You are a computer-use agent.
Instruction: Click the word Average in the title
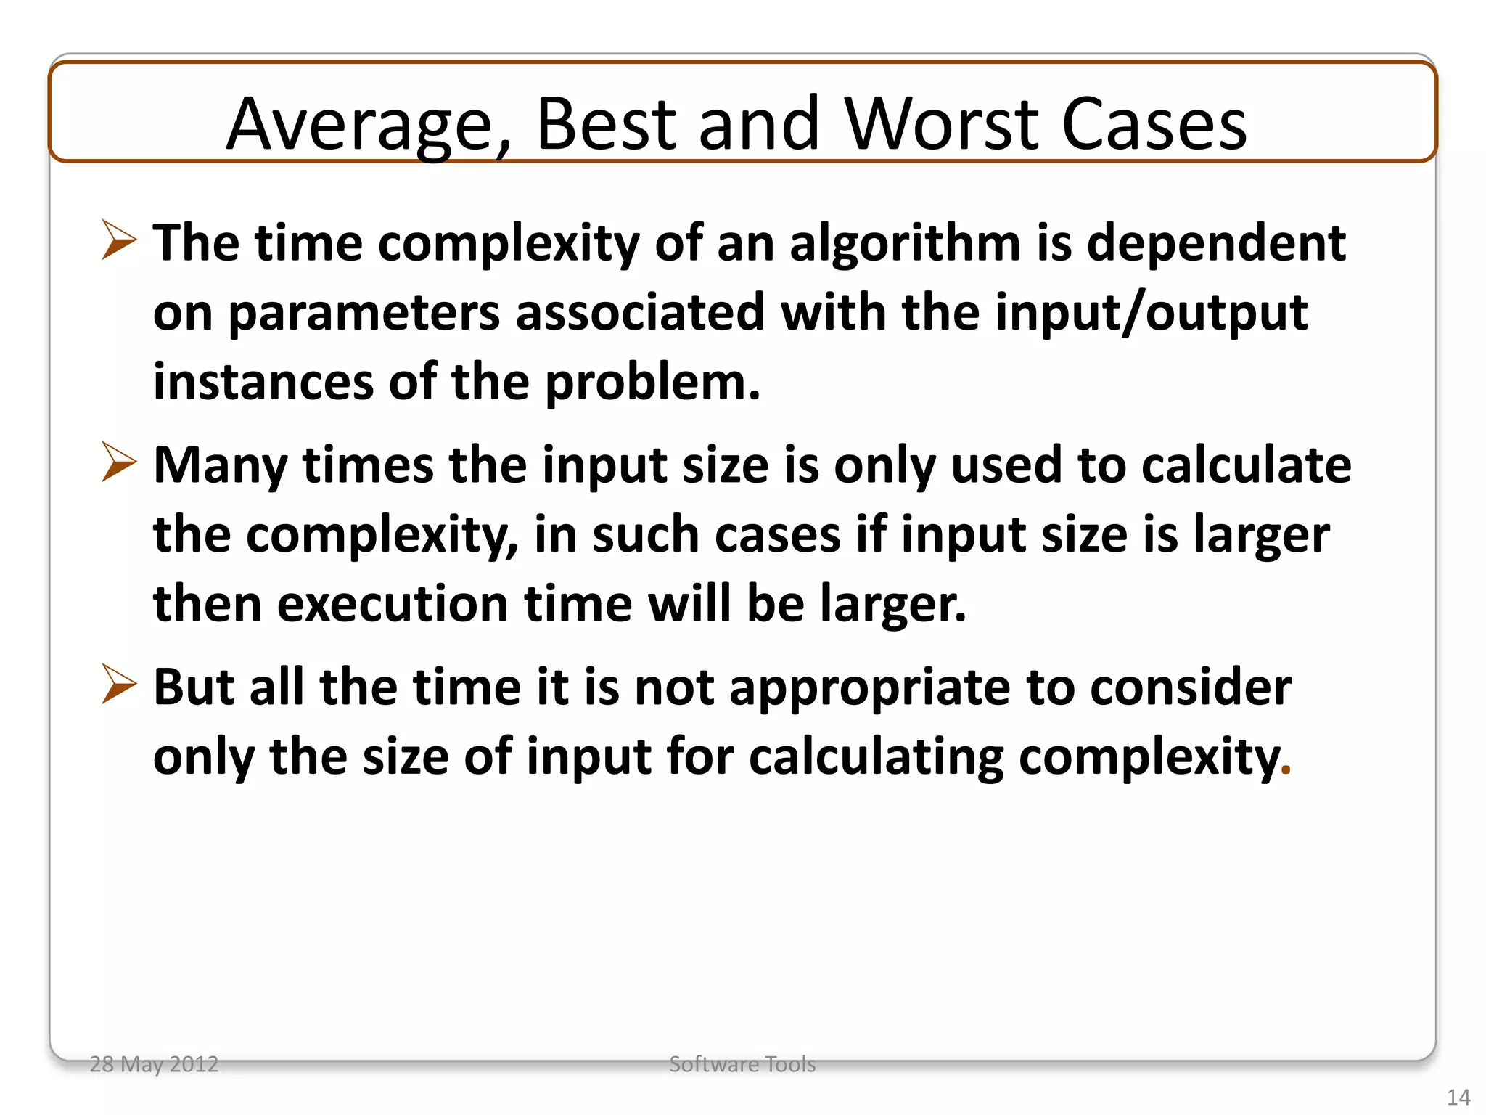[360, 125]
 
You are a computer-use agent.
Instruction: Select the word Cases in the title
[1154, 125]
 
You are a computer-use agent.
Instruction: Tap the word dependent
[1215, 243]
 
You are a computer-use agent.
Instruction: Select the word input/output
[1152, 314]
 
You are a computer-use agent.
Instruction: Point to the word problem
[652, 383]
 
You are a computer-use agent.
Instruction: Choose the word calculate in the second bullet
[1246, 465]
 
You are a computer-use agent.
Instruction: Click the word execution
[393, 604]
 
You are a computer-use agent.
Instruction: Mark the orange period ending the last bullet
[1286, 771]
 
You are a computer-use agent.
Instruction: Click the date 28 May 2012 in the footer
[154, 1064]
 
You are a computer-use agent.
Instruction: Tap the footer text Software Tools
[742, 1064]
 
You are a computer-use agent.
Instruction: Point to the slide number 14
[1458, 1097]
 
